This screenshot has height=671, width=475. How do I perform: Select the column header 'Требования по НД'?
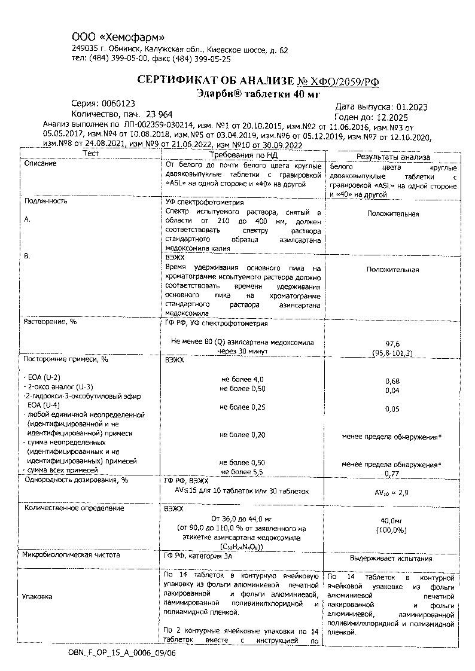[x=242, y=154]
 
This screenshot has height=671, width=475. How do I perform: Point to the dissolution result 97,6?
[x=392, y=344]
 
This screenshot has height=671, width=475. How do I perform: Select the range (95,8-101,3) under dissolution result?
[x=392, y=353]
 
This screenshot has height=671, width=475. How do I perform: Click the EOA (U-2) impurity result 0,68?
[x=392, y=381]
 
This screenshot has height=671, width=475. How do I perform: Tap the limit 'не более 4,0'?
[x=242, y=379]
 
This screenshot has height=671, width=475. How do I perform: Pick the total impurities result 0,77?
[x=392, y=473]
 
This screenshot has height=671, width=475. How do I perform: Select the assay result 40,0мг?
[x=392, y=520]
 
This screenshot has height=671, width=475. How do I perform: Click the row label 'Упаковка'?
[x=37, y=596]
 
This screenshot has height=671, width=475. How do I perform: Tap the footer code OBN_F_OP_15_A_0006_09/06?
[x=122, y=654]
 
